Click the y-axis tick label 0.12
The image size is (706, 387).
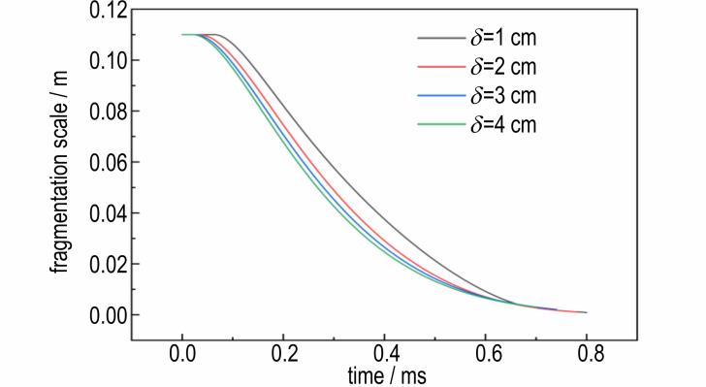pyautogui.click(x=108, y=11)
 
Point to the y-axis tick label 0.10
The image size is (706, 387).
pyautogui.click(x=108, y=60)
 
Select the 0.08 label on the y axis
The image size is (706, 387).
pyautogui.click(x=108, y=112)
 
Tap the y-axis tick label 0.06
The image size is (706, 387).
pyautogui.click(x=108, y=162)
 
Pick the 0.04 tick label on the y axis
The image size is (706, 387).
pyautogui.click(x=108, y=213)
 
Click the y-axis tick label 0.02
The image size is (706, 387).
pyautogui.click(x=108, y=264)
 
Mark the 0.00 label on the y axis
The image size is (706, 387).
pyautogui.click(x=108, y=315)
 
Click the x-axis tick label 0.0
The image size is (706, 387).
pyautogui.click(x=182, y=354)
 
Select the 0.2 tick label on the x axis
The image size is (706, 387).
pyautogui.click(x=283, y=354)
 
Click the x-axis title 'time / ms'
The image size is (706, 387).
pyautogui.click(x=387, y=375)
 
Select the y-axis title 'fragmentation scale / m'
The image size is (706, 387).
pyautogui.click(x=59, y=172)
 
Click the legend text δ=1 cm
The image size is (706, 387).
pyautogui.click(x=503, y=38)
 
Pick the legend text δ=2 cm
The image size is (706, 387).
pyautogui.click(x=503, y=67)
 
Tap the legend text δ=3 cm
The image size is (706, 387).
pyautogui.click(x=503, y=95)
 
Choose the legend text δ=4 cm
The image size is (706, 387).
pyautogui.click(x=503, y=124)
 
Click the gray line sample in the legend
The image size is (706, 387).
pyautogui.click(x=441, y=38)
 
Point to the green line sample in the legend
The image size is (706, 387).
pyautogui.click(x=441, y=124)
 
